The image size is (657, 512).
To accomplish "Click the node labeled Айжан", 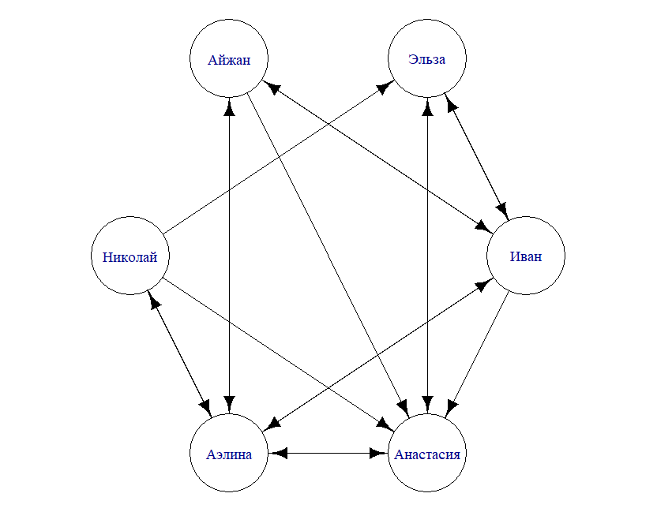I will (x=229, y=59).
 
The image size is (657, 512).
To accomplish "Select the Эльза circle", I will (x=427, y=59).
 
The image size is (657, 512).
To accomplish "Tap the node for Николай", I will (x=130, y=256).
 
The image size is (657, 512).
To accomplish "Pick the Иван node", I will (x=526, y=256).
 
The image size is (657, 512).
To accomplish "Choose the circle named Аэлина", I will (x=229, y=454).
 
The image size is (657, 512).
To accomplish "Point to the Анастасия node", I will (x=427, y=454).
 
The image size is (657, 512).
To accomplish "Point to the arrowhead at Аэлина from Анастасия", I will (x=278, y=454).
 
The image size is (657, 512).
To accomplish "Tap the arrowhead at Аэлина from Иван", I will (x=270, y=426).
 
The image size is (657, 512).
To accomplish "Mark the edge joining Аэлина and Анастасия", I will (x=328, y=454).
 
